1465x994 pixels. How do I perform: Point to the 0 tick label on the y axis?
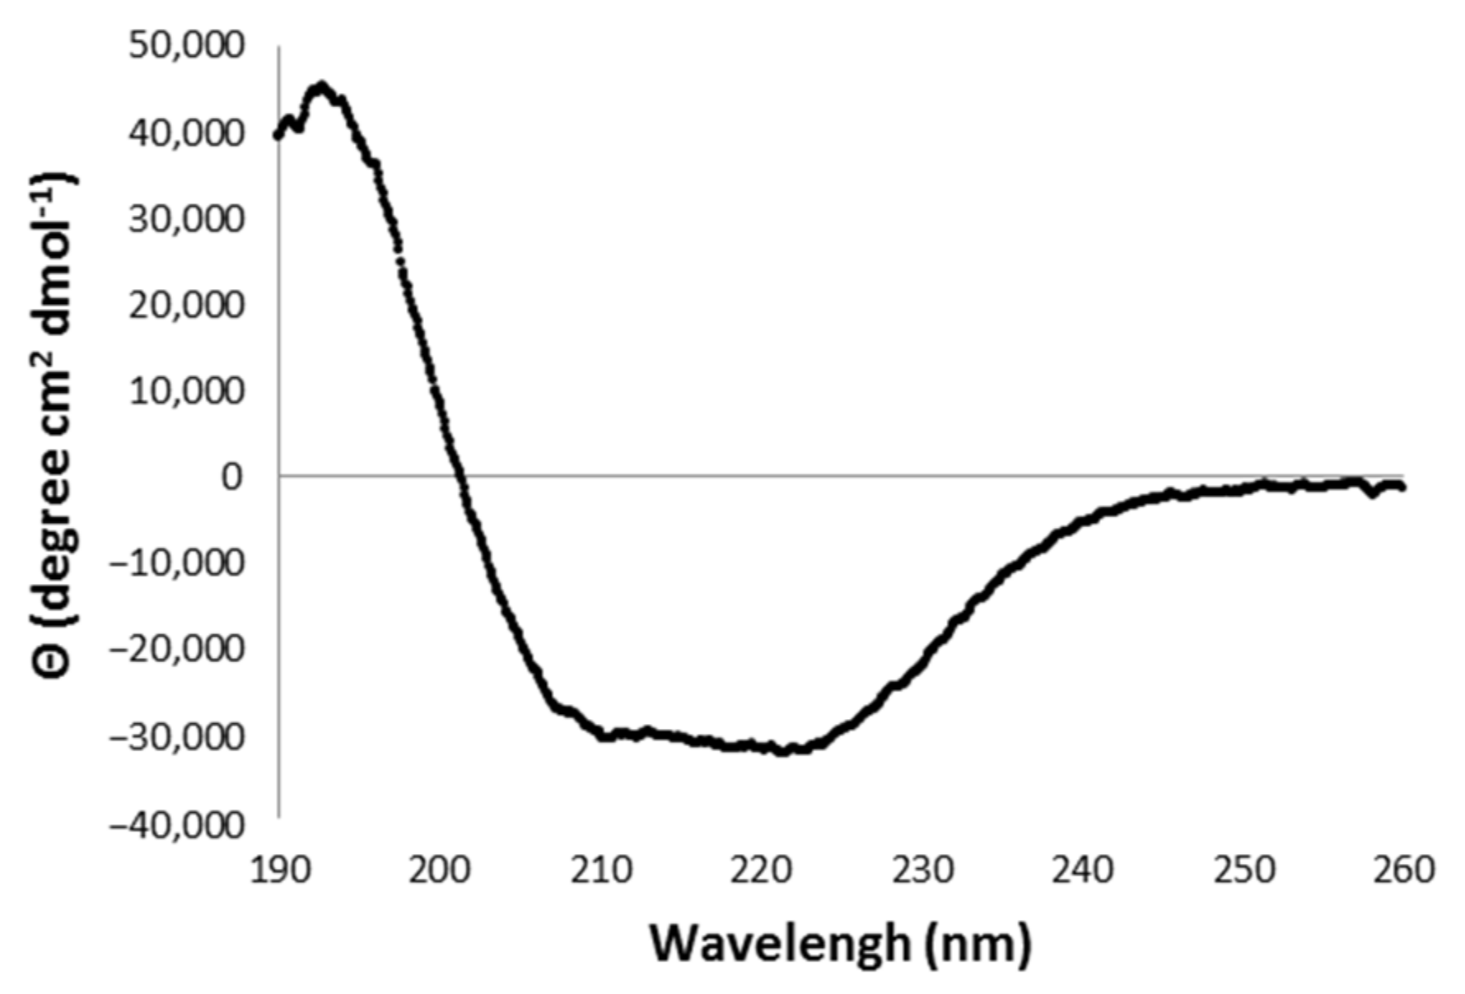tap(232, 476)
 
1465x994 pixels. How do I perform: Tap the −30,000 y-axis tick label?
tap(177, 736)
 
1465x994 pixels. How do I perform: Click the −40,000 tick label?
tap(177, 824)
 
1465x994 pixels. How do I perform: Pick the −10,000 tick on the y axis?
tap(177, 563)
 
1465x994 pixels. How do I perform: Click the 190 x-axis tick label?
tap(278, 870)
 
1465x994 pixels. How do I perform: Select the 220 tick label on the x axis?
tap(761, 870)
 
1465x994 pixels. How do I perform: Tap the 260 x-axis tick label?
tap(1403, 870)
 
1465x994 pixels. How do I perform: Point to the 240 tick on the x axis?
tap(1082, 870)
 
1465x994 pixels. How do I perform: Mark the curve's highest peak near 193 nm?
tap(321, 86)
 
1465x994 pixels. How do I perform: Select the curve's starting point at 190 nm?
tap(278, 136)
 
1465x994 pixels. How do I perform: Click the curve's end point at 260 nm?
tap(1402, 488)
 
